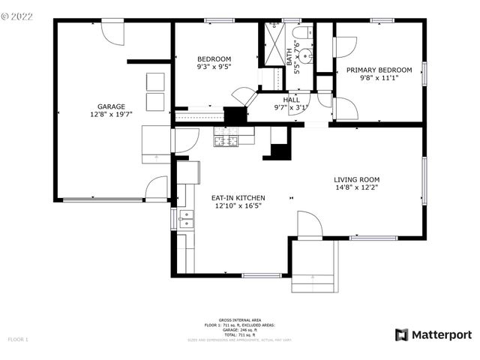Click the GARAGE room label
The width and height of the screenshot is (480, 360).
click(111, 106)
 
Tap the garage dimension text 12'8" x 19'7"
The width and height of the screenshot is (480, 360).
click(111, 115)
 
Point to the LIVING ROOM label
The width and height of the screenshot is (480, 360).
click(357, 180)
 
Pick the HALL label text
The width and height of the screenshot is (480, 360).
click(291, 99)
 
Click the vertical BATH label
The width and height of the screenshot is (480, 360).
click(289, 57)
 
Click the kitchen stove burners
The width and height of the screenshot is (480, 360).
click(226, 139)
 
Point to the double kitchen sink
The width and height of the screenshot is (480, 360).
click(185, 219)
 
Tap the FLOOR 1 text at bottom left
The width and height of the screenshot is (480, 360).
click(18, 340)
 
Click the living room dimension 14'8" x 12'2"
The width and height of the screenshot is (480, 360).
click(357, 189)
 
